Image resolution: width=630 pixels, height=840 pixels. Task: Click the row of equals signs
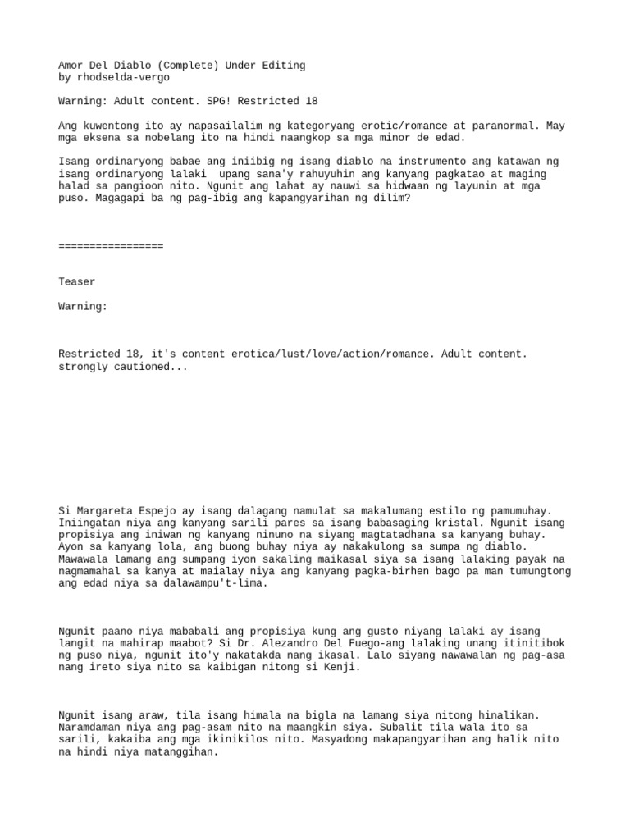pyautogui.click(x=111, y=246)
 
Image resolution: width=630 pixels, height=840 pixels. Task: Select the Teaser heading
pyautogui.click(x=76, y=282)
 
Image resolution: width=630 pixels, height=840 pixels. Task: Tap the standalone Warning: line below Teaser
pyautogui.click(x=83, y=306)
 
